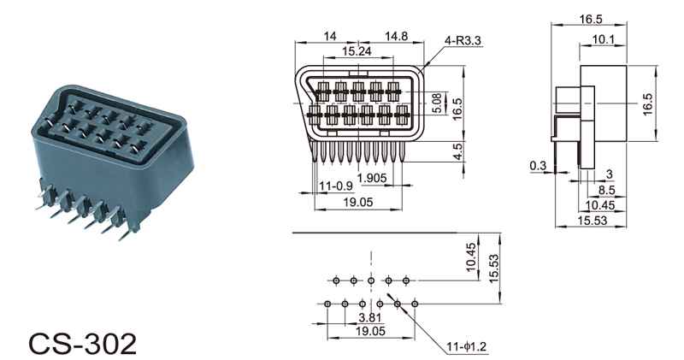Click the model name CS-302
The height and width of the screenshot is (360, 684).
click(82, 344)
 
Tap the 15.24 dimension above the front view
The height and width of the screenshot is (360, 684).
click(357, 51)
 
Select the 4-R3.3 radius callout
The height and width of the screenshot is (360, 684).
click(463, 40)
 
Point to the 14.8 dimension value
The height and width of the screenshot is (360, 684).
click(396, 36)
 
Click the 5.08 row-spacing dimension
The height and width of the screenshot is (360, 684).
click(438, 103)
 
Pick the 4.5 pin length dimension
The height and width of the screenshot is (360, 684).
click(457, 151)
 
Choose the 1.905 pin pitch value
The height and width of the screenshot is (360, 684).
click(372, 178)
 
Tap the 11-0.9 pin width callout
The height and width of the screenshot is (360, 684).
click(335, 186)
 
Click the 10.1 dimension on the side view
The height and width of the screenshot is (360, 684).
click(603, 39)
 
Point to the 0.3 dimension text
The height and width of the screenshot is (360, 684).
click(538, 165)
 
